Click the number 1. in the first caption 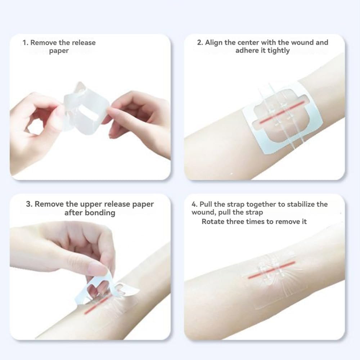point(26,43)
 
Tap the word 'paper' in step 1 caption point(59,51)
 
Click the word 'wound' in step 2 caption point(302,42)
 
